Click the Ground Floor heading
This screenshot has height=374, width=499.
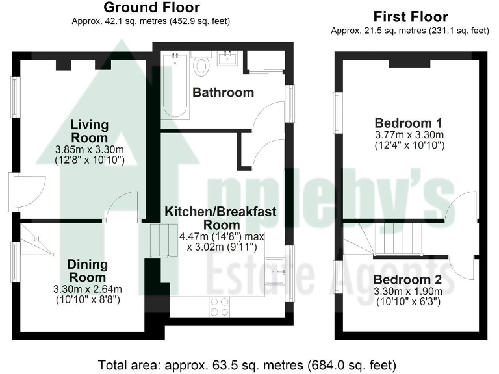pyautogui.click(x=151, y=8)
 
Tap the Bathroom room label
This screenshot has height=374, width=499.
pyautogui.click(x=223, y=92)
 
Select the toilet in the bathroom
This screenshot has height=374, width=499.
pyautogui.click(x=202, y=64)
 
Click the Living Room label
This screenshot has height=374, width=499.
pyautogui.click(x=90, y=131)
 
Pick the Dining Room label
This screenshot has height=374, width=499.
pyautogui.click(x=87, y=271)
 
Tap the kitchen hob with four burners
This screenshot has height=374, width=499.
pyautogui.click(x=220, y=306)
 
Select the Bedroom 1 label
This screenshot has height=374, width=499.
pyautogui.click(x=409, y=123)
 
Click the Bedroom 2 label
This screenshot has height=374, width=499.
pyautogui.click(x=408, y=280)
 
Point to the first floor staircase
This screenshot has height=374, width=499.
pyautogui.click(x=396, y=239)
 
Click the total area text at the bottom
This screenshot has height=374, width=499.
pyautogui.click(x=247, y=364)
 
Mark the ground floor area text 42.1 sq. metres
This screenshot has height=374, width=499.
pyautogui.click(x=151, y=21)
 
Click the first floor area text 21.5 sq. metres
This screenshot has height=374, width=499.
pyautogui.click(x=409, y=31)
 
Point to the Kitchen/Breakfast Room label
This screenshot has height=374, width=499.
pyautogui.click(x=221, y=218)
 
